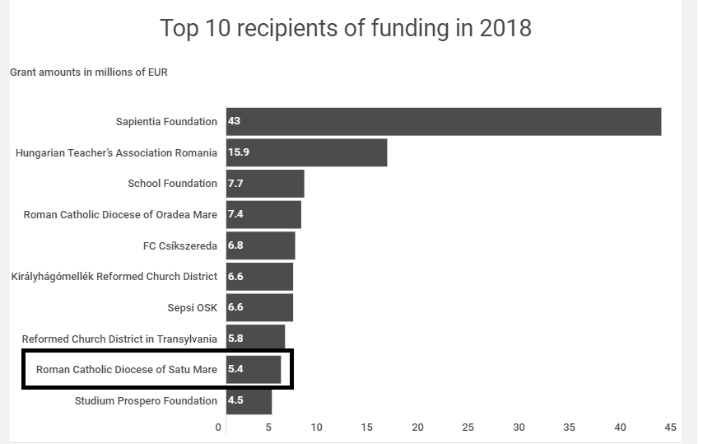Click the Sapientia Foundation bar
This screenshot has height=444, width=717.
pos(445,122)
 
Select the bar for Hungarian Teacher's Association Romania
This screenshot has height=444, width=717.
pos(306,152)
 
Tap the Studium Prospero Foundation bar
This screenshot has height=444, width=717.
pos(249,401)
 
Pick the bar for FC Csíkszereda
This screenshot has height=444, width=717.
pos(260,245)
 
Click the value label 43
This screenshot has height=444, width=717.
pos(234,122)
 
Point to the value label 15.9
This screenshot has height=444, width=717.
pos(237,152)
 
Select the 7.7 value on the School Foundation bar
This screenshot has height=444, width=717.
pos(235,184)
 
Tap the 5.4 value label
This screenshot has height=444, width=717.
pos(235,370)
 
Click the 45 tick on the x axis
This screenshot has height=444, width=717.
pos(670,427)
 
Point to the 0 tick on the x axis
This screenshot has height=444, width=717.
pos(218,427)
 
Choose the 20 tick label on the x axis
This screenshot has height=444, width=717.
pos(418,427)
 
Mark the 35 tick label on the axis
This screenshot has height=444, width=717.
pos(570,427)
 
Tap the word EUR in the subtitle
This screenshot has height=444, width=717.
pos(157,72)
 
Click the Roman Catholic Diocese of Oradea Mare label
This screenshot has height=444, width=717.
pos(120,214)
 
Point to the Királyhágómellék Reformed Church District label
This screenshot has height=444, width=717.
pos(114,277)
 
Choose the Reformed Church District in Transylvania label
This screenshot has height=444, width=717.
pos(119,339)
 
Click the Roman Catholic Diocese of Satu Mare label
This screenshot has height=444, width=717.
pos(127,370)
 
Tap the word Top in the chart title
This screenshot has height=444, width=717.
pos(179,29)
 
